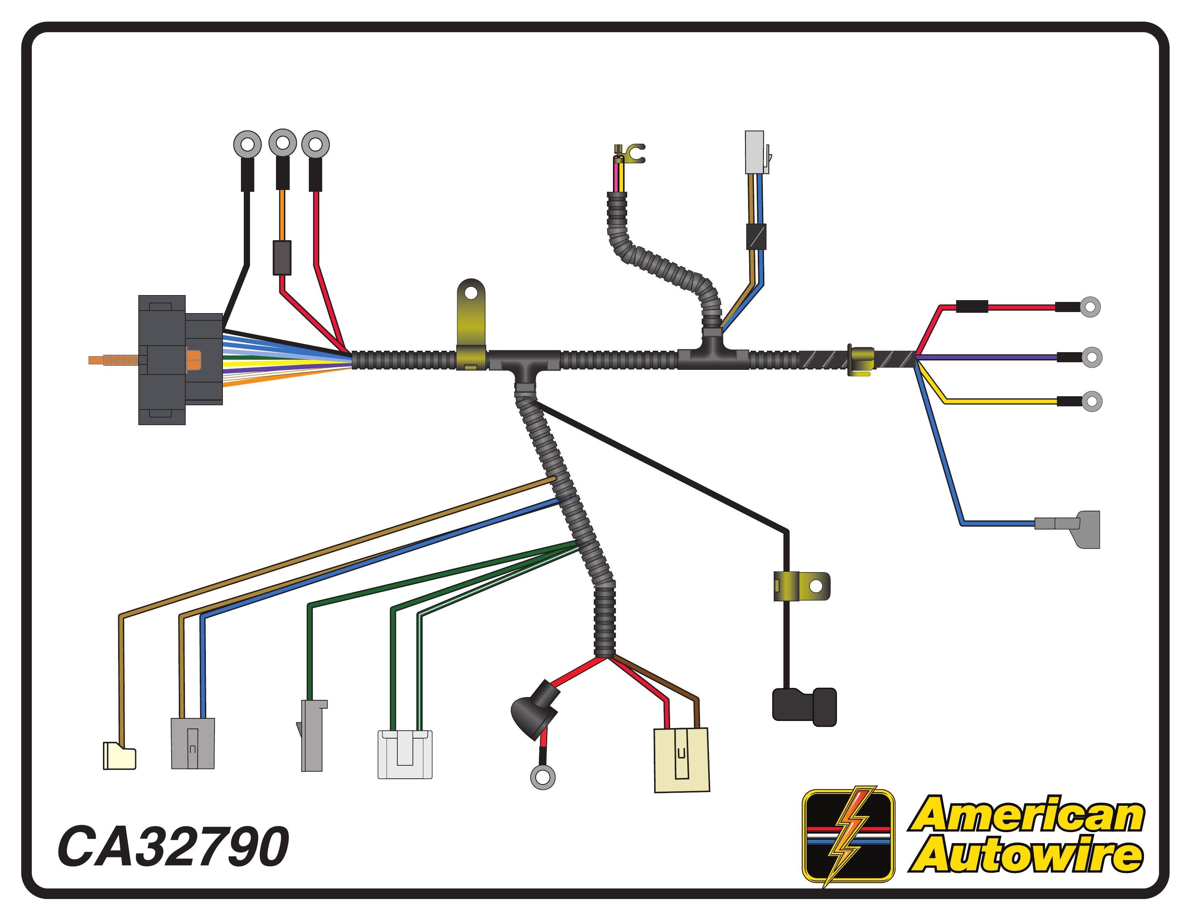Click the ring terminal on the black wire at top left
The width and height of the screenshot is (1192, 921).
click(247, 144)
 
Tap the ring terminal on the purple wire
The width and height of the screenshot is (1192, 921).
click(1091, 357)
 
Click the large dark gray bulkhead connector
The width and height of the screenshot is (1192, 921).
click(180, 360)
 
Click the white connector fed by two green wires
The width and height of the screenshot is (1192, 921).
click(405, 754)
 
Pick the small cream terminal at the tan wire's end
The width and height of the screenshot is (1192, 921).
click(120, 756)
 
